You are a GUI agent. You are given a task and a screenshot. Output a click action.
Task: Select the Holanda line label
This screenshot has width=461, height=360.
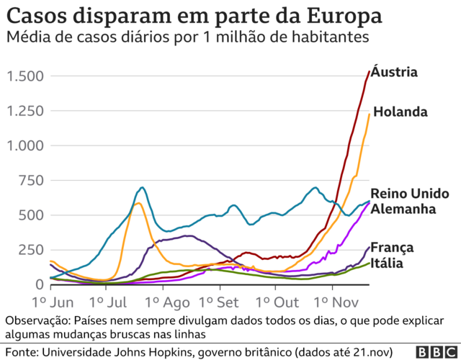point(400,112)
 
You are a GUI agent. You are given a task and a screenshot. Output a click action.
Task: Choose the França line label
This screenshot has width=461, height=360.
point(392,248)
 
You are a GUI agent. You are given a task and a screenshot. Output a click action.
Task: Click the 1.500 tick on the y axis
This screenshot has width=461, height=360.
point(25,76)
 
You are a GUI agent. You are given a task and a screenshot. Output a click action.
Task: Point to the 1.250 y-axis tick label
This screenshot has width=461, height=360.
point(25,111)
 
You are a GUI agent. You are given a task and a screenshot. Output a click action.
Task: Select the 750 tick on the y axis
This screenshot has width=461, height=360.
point(30,181)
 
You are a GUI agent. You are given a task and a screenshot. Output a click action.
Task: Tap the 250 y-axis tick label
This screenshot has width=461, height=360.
point(30,250)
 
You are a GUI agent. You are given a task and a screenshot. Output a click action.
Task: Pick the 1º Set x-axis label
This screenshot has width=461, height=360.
point(220,301)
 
